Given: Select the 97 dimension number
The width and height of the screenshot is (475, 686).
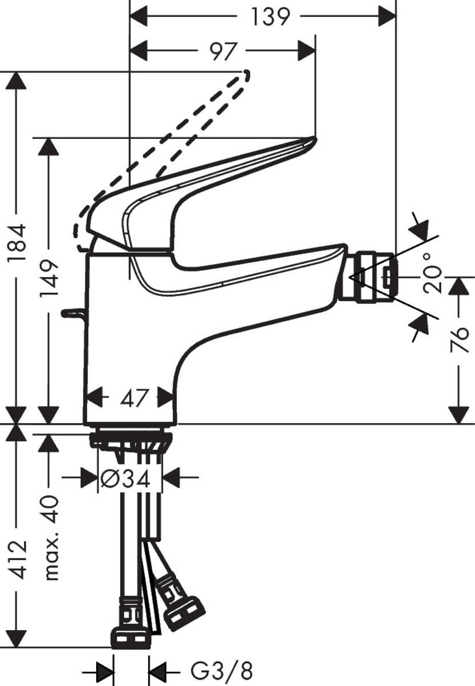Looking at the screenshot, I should [x=223, y=51].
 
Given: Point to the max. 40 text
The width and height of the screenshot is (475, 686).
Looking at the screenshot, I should [x=52, y=538].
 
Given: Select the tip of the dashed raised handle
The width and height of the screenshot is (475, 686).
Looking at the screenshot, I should [x=247, y=74].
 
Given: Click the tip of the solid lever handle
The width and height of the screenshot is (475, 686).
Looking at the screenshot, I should [x=312, y=139].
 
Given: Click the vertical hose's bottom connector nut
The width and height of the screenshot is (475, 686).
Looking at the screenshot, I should [x=131, y=636].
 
